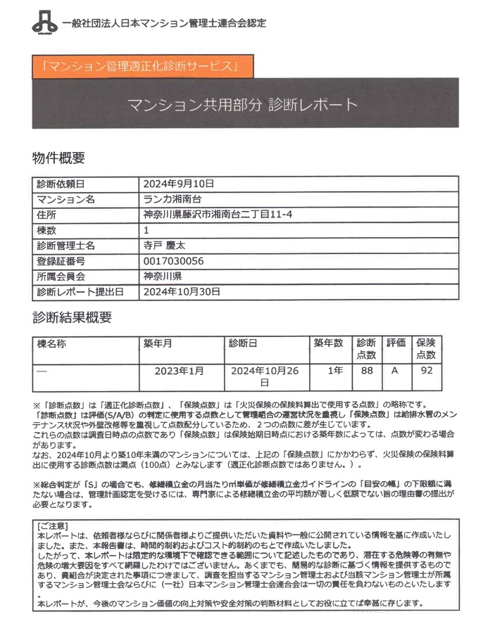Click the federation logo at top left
click(43, 22)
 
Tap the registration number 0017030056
click(173, 261)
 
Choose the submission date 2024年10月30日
click(182, 291)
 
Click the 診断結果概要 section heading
click(72, 317)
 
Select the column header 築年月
click(158, 344)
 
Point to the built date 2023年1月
click(179, 371)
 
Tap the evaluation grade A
click(395, 371)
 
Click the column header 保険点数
click(426, 349)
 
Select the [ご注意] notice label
click(52, 526)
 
